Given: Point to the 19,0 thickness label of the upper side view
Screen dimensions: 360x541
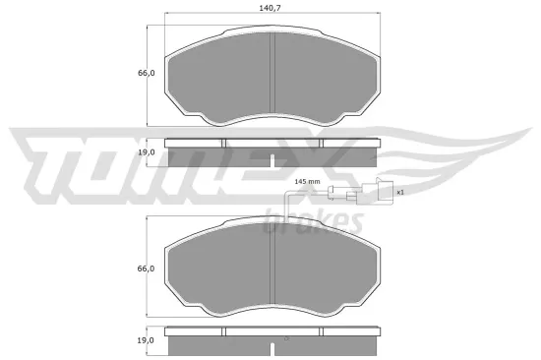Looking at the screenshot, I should (147, 153).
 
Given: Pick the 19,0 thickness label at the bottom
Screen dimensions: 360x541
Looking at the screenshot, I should (147, 339).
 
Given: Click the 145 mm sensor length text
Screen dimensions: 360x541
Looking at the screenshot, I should (308, 182).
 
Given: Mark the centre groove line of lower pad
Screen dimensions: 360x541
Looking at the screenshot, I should (272, 270).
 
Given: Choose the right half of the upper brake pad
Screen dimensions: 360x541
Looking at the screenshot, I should (325, 79).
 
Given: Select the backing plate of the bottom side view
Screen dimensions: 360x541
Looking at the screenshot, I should (272, 330).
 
